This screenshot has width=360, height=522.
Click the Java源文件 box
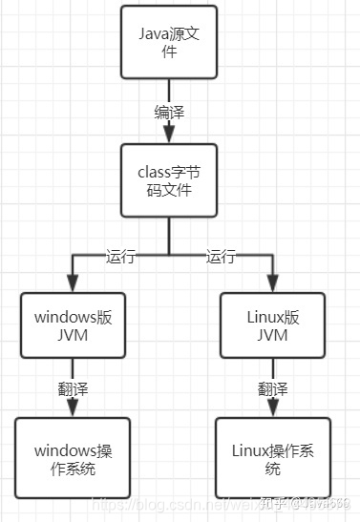168,42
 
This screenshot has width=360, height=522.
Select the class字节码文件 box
168,179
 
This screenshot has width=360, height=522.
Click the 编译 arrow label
168,112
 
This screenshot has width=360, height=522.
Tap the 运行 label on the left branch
120,256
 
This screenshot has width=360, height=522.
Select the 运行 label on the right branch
222,256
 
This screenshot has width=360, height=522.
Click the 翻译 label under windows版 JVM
73,388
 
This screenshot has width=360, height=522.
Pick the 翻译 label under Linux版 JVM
271,388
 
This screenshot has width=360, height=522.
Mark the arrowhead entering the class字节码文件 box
168,138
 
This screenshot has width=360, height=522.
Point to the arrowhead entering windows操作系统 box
73,411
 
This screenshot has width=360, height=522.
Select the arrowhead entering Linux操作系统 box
271,411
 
